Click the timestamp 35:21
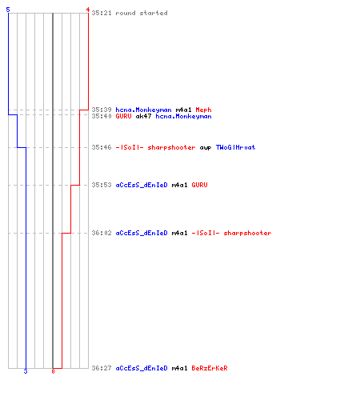pyautogui.click(x=102, y=13)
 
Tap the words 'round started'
pyautogui.click(x=142, y=13)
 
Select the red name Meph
pyautogui.click(x=203, y=110)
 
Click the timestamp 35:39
pyautogui.click(x=102, y=110)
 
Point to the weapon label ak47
pyautogui.click(x=143, y=116)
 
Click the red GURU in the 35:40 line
pyautogui.click(x=123, y=116)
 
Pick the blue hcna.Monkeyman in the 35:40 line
pyautogui.click(x=183, y=116)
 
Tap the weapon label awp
pyautogui.click(x=206, y=147)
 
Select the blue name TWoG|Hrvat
pyautogui.click(x=235, y=147)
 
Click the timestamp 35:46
pyautogui.click(x=102, y=147)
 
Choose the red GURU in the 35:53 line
pyautogui.click(x=199, y=185)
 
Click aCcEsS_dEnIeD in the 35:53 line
pyautogui.click(x=142, y=185)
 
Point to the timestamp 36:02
pyautogui.click(x=102, y=233)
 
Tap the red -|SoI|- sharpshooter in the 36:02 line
pyautogui.click(x=231, y=233)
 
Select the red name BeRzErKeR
pyautogui.click(x=210, y=368)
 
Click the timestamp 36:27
pyautogui.click(x=102, y=368)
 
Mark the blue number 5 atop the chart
pyautogui.click(x=8, y=10)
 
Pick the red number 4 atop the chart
pyautogui.click(x=87, y=10)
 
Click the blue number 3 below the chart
pyautogui.click(x=26, y=371)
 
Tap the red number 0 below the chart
pyautogui.click(x=53, y=371)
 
